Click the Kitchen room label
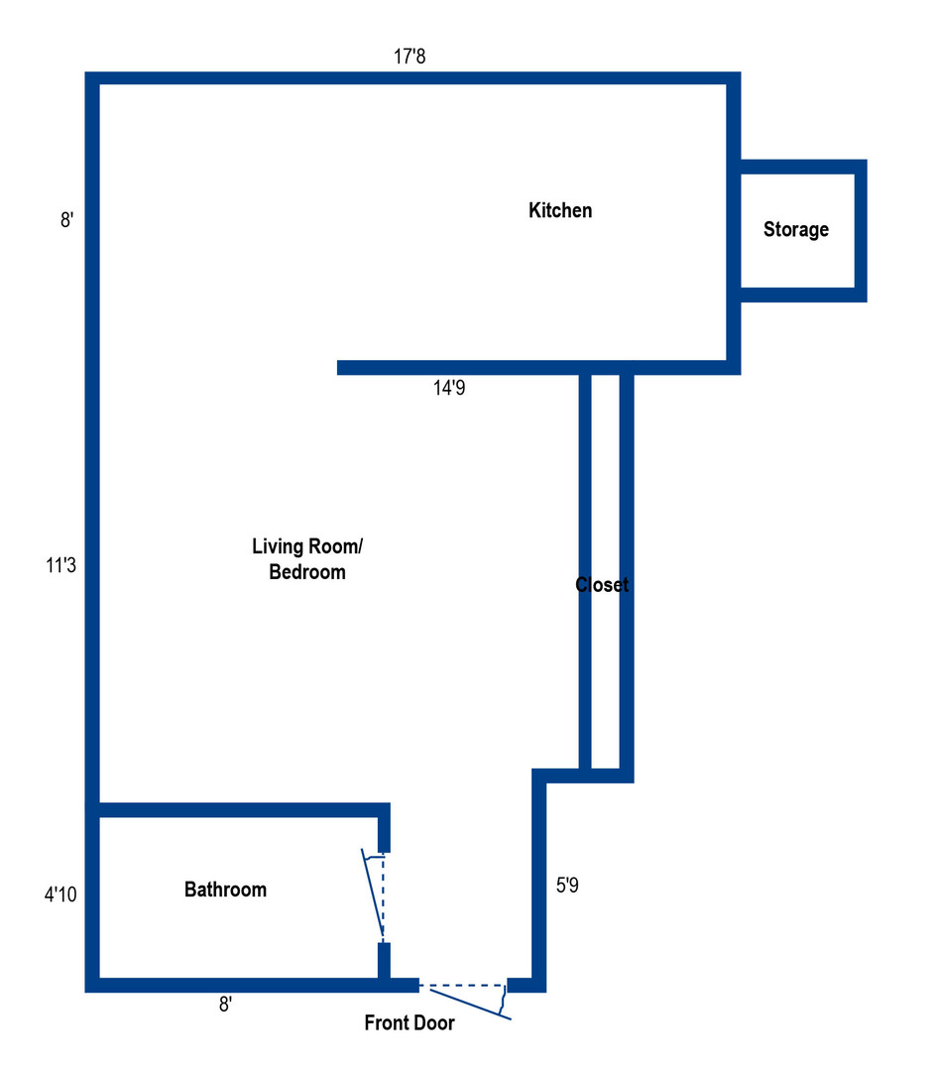click(560, 210)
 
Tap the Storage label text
click(795, 230)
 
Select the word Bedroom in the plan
click(307, 572)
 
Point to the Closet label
click(602, 585)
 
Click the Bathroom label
click(225, 890)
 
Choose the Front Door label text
click(410, 1023)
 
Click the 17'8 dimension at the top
click(410, 57)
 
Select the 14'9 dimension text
click(448, 389)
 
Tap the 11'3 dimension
click(59, 566)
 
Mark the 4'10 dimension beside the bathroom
click(59, 894)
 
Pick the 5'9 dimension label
click(567, 886)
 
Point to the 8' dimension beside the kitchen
click(66, 220)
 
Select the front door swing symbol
click(466, 998)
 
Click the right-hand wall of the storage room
click(861, 230)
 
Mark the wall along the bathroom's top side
click(238, 810)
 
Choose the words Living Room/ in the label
click(307, 546)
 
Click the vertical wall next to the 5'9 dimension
click(539, 883)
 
